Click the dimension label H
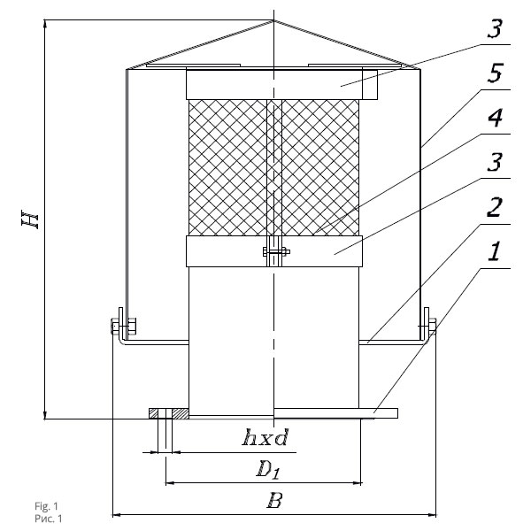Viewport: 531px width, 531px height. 30,219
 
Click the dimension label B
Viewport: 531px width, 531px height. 274,501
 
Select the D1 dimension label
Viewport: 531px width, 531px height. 268,470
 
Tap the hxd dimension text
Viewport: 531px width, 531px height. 265,437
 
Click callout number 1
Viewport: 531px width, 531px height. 494,251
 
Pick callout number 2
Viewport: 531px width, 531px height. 495,207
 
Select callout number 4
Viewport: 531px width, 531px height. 495,118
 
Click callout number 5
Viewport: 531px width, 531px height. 495,73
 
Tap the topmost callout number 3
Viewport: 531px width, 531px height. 495,28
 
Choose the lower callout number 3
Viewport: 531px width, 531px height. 495,162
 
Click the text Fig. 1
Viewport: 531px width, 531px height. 46,506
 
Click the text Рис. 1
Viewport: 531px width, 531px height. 49,519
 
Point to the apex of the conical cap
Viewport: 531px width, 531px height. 273,20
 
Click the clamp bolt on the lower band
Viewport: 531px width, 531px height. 276,251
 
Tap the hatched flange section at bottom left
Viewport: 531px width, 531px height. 169,413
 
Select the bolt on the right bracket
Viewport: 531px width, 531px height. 428,326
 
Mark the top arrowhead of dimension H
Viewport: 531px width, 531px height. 45,25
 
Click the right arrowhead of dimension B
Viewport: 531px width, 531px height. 432,515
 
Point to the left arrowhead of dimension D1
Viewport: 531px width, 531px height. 170,483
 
